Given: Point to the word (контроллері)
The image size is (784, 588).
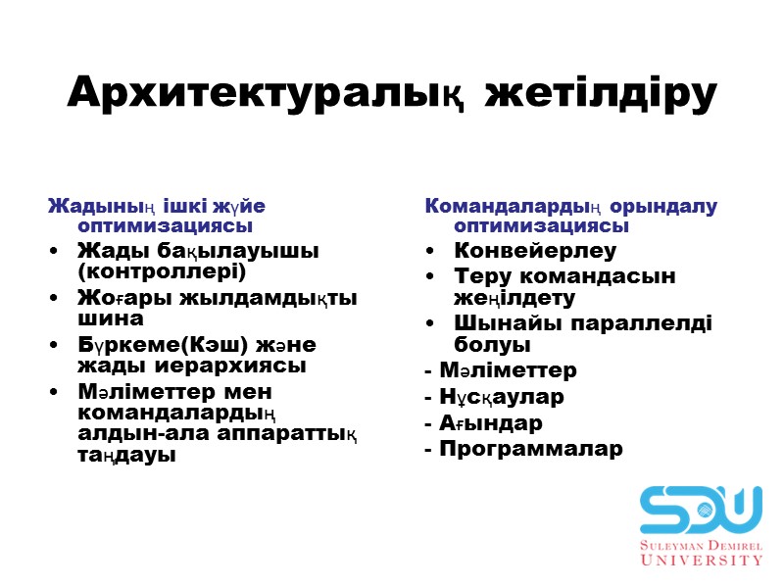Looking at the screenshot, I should pos(162,270).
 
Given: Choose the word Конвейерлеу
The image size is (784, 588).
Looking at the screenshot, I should pos(535,250).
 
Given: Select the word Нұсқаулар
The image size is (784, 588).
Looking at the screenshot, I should pos(502,398).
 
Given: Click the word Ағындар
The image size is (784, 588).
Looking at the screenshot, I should pos(491,423).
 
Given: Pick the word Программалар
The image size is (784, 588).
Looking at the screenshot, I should pos(530,450).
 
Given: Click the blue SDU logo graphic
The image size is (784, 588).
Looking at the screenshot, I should pos(701,509).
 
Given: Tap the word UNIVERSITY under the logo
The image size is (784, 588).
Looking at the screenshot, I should pos(701,560).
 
